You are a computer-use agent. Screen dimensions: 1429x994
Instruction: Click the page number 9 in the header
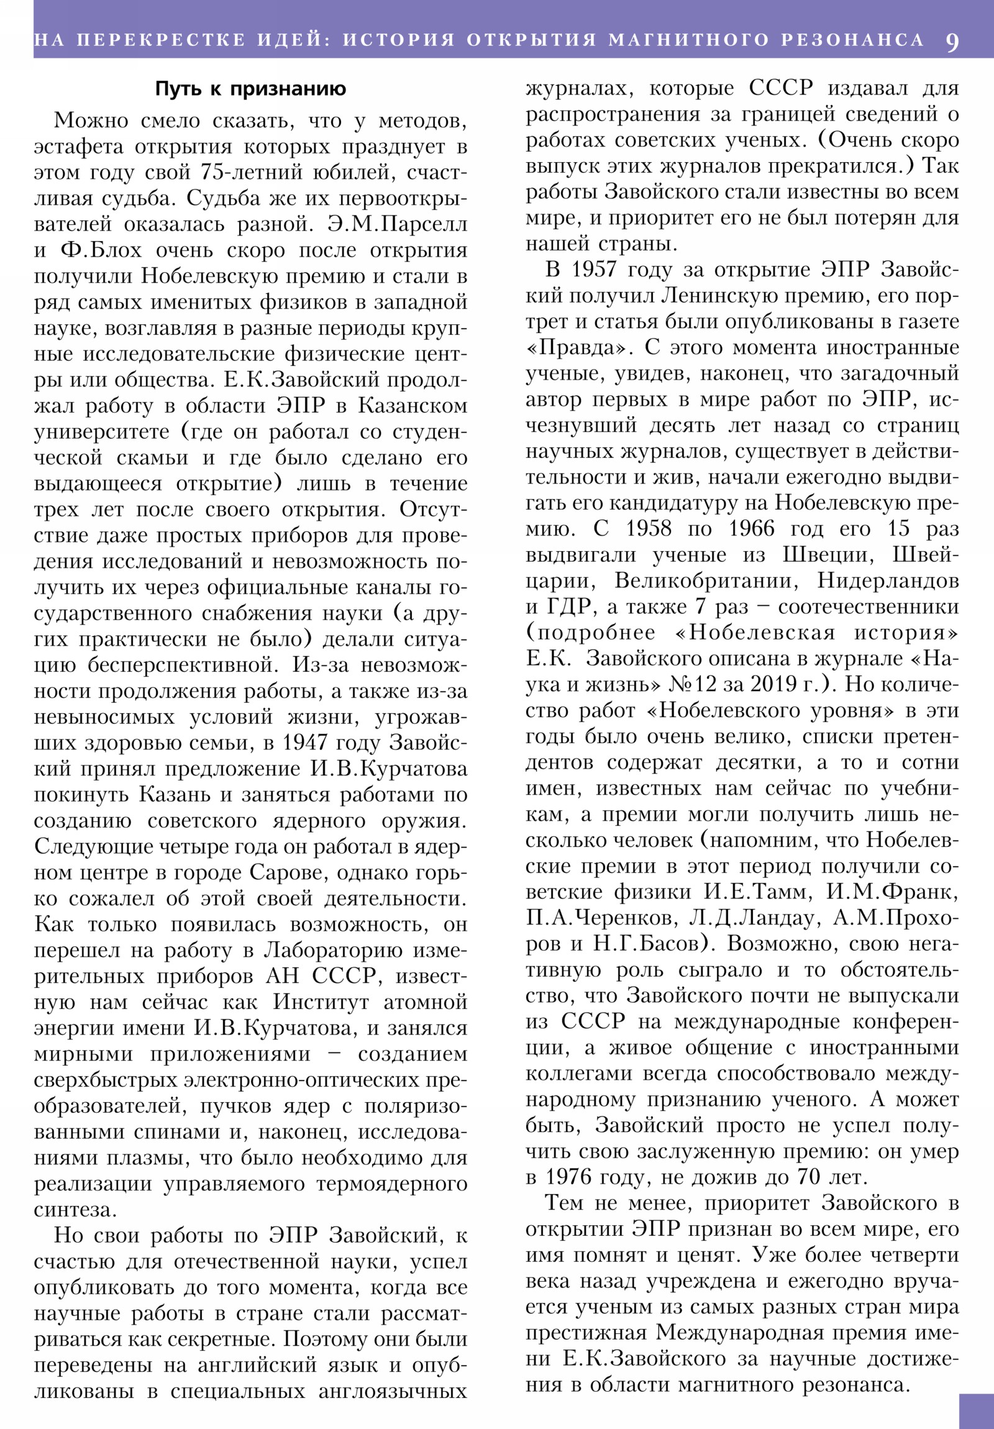952,41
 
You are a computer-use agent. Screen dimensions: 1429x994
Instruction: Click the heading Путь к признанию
250,89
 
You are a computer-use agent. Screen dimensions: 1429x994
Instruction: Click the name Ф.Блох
101,250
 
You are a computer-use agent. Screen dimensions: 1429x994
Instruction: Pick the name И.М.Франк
892,892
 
